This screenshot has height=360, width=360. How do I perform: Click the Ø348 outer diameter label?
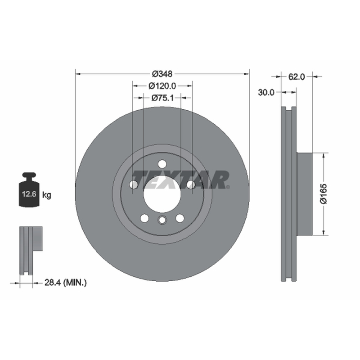(162, 74)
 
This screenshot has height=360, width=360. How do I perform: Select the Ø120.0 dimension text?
(162, 86)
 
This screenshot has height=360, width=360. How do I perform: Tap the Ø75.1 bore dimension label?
(162, 98)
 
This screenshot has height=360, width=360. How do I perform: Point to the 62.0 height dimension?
(297, 76)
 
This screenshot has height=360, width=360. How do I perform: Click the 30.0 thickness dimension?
(266, 93)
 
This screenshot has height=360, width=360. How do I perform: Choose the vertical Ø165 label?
(323, 193)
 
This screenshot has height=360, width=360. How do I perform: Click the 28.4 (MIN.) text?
(66, 283)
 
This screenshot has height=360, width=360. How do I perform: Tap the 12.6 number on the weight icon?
(29, 194)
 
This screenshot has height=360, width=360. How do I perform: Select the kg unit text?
(47, 195)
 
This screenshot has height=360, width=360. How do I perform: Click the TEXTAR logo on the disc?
(180, 180)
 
